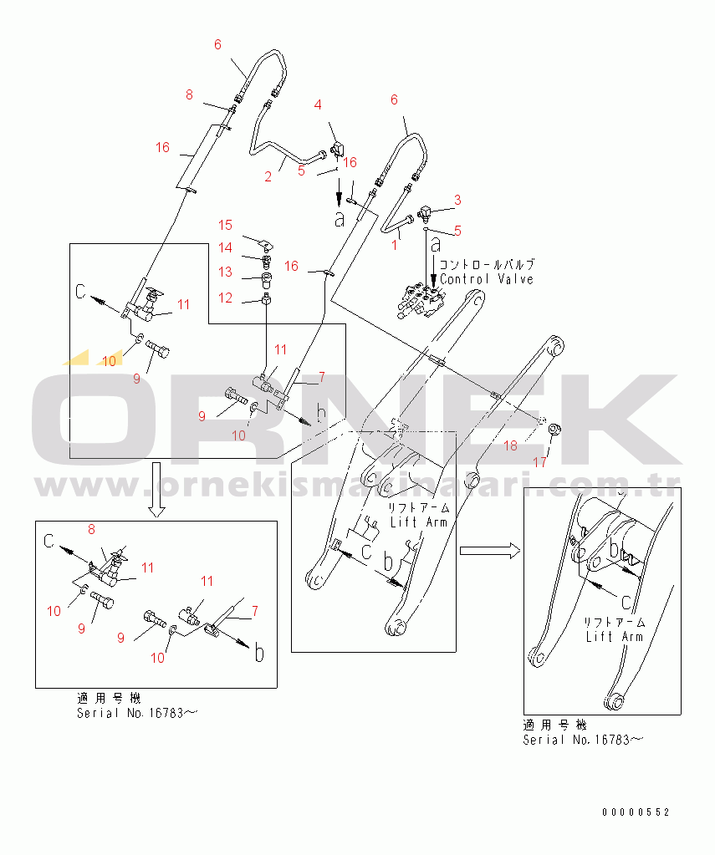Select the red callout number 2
(x=268, y=176)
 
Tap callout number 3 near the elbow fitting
(x=457, y=200)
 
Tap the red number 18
(x=510, y=446)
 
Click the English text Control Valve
(x=487, y=279)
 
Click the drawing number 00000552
(x=636, y=812)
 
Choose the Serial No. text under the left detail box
(x=137, y=713)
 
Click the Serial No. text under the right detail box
(x=584, y=740)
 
